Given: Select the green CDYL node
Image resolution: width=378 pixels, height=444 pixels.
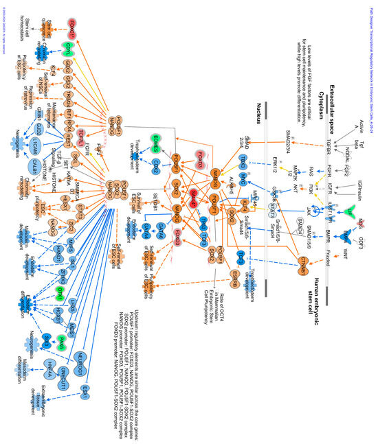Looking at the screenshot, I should click(69, 47).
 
